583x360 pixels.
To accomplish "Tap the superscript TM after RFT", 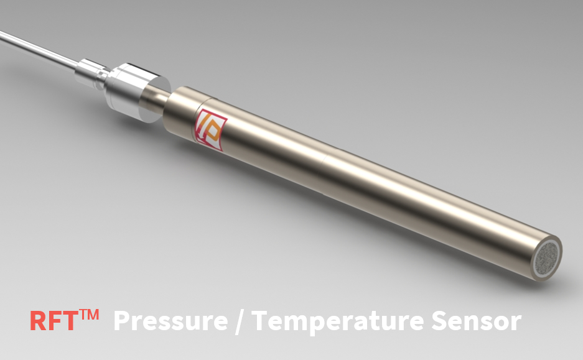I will coord(88,315).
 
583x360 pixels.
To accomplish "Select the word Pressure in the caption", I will coord(170,321).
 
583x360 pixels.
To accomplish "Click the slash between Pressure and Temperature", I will coord(240,322).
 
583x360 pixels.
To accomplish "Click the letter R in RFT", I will coord(38,321).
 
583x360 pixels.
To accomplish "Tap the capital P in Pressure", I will coord(123,321).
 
